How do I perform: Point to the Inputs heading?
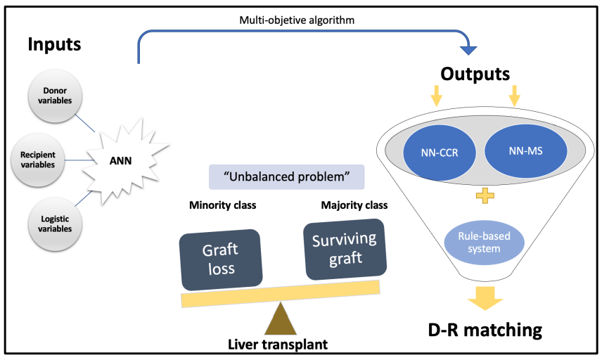[x=55, y=45]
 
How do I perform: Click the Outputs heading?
[x=475, y=73]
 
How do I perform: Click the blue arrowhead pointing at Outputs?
[x=468, y=50]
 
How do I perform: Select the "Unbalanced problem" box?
[x=286, y=176]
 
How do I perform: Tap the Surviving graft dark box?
[x=343, y=248]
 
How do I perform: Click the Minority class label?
[x=223, y=206]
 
